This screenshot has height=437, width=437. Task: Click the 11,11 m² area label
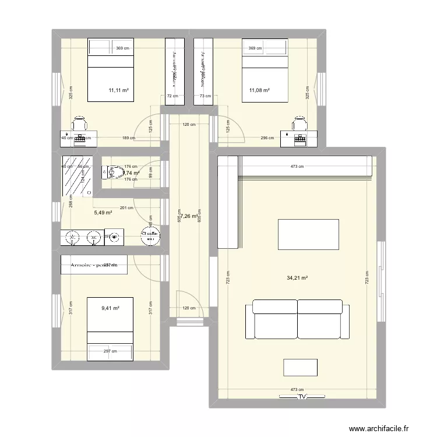click(x=118, y=90)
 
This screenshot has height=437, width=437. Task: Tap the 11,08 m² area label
click(x=260, y=90)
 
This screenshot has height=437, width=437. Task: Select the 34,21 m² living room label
click(x=297, y=278)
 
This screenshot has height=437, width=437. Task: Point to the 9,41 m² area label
click(x=110, y=308)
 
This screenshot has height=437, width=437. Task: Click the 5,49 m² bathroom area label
click(x=103, y=213)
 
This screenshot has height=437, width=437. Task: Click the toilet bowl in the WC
click(x=110, y=171)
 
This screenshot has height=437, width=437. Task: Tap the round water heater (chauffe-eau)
click(x=151, y=237)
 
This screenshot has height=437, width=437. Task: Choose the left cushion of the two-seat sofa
click(x=274, y=318)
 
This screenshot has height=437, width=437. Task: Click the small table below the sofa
click(x=301, y=367)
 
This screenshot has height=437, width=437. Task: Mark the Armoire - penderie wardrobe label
click(x=94, y=265)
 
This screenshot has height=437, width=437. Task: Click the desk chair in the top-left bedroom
click(x=80, y=124)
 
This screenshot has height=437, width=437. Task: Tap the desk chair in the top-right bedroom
click(x=300, y=124)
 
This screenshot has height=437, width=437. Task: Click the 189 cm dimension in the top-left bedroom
click(x=128, y=138)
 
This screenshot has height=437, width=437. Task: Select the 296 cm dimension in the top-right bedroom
click(x=267, y=138)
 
